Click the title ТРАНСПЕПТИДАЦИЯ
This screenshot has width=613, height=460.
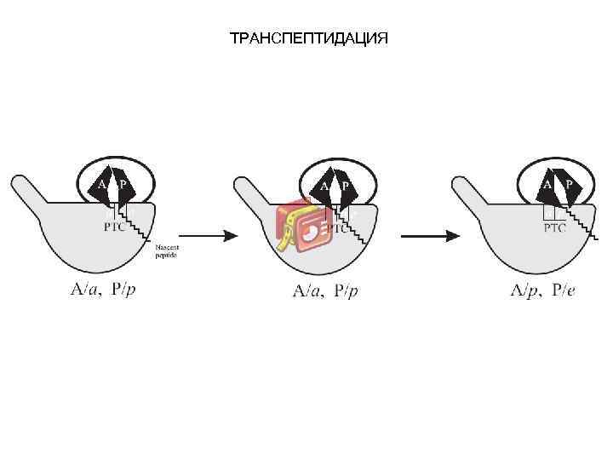(x=308, y=39)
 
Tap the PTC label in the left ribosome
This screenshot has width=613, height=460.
(x=114, y=227)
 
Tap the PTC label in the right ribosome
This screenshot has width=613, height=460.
(x=554, y=227)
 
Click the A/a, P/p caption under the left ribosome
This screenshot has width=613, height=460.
(x=103, y=289)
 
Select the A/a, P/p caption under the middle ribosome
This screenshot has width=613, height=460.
(x=326, y=291)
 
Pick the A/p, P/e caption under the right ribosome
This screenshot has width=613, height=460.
(x=542, y=290)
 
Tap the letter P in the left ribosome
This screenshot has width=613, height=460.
(x=123, y=183)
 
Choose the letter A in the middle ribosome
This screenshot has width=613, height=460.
(x=324, y=186)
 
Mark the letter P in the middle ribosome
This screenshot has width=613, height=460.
(x=346, y=186)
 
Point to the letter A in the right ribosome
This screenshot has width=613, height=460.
(x=547, y=183)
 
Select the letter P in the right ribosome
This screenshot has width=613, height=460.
(x=567, y=183)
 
